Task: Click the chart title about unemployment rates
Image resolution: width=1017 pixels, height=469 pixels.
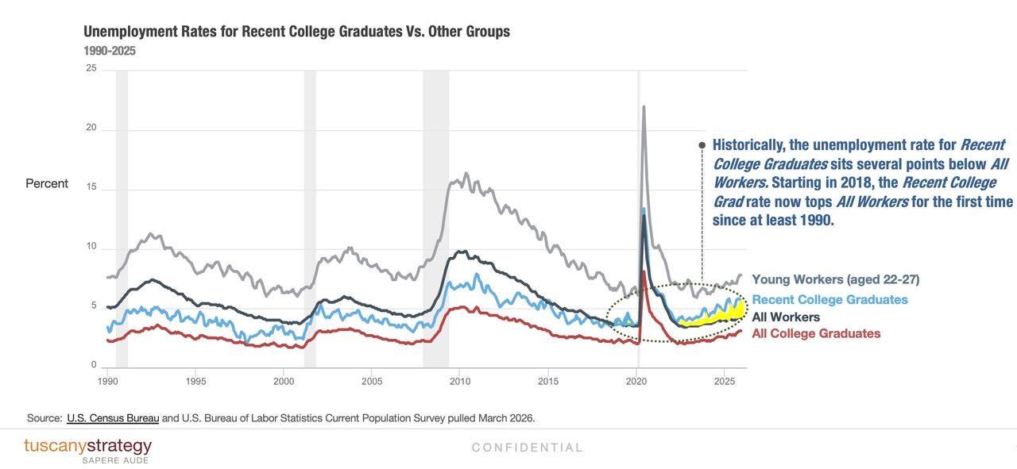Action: (296, 31)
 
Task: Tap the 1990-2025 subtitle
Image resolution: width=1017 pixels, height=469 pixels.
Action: (110, 51)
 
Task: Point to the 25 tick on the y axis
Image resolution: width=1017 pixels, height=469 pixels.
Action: (91, 68)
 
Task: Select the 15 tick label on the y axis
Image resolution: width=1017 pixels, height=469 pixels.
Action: (91, 186)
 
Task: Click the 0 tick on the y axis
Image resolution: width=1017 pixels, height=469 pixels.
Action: (94, 365)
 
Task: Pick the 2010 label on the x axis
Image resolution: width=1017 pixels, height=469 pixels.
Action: (460, 382)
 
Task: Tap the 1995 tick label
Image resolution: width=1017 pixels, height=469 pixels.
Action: (195, 382)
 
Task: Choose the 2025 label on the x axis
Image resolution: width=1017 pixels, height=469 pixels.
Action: (724, 382)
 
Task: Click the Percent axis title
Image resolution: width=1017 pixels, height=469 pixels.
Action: (47, 183)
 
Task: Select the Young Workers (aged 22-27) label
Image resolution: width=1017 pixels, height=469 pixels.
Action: (835, 279)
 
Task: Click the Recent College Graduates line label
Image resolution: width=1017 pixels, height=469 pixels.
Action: (830, 299)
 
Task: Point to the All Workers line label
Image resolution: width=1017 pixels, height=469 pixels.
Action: (786, 317)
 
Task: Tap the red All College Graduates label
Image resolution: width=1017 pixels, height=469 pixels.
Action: (816, 333)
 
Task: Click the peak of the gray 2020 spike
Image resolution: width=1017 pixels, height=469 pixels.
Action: (644, 107)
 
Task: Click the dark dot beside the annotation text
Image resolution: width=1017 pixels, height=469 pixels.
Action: (702, 145)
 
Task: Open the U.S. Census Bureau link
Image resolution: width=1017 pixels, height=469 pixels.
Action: (113, 418)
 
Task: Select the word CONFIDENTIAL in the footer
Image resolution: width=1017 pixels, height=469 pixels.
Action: (527, 448)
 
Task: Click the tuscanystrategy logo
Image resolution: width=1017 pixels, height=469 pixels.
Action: (87, 446)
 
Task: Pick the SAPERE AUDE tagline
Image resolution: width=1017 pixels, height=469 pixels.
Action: (115, 460)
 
